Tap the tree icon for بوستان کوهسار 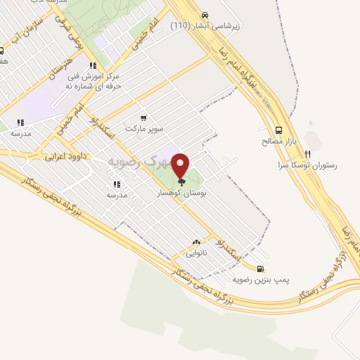182,181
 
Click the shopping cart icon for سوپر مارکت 143,118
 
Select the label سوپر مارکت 144,129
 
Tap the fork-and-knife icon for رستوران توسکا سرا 307,154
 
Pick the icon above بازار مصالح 279,130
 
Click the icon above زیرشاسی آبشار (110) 205,15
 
